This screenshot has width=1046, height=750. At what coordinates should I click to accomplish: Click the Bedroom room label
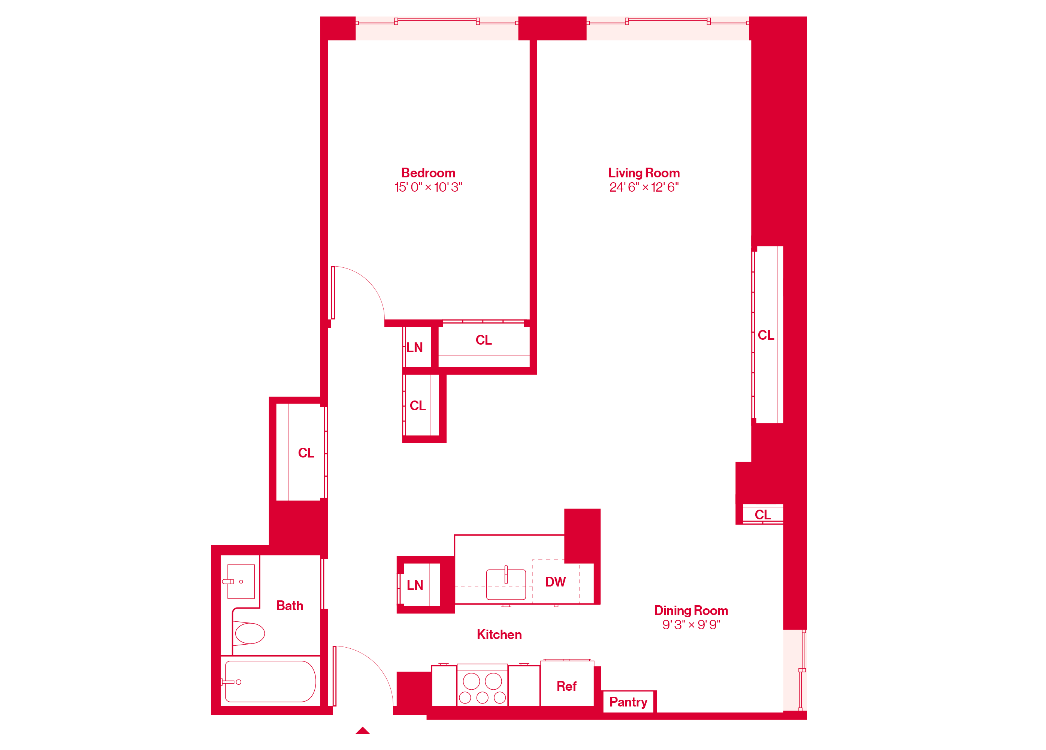coord(428,173)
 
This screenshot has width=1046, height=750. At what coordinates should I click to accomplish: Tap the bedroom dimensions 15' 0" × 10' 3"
coord(428,187)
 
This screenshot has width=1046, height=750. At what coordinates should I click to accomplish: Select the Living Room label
coord(644,173)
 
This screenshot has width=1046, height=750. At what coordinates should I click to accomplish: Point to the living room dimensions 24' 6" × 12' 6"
coord(644,187)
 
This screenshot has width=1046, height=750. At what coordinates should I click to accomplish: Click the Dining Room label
coord(691,610)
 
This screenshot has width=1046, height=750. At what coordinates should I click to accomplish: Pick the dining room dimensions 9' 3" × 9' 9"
coord(691,624)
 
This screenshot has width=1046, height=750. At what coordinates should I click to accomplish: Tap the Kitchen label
coord(499,634)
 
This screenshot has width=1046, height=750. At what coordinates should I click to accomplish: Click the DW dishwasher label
coord(555,582)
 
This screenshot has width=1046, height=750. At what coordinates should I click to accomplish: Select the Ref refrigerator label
coord(566,686)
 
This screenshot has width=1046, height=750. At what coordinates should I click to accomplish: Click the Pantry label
coord(628,702)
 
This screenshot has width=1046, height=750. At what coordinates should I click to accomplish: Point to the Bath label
coord(290,606)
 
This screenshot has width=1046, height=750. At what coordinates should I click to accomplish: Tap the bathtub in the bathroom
coord(270,682)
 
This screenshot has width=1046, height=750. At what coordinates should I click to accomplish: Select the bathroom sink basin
coord(241,582)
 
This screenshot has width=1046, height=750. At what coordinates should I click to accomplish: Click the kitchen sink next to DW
coord(506,584)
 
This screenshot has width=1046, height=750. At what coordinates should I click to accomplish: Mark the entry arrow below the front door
coord(363,730)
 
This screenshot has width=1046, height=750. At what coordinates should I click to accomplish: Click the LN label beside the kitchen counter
coord(415,585)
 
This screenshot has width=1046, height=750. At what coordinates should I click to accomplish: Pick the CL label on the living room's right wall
coord(766,335)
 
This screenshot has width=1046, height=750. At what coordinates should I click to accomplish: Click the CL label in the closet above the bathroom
coord(306,453)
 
